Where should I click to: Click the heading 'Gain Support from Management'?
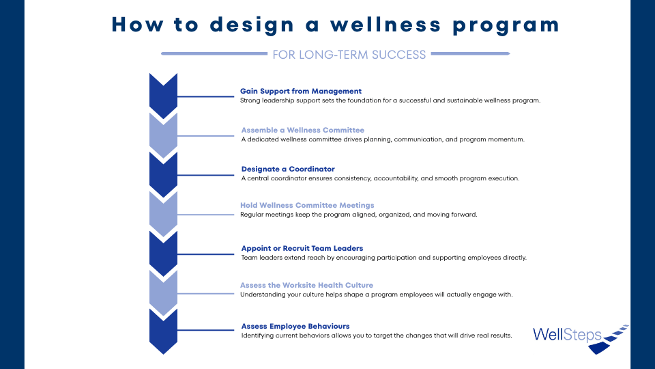tap(301, 91)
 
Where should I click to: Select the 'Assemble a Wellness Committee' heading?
tap(303, 130)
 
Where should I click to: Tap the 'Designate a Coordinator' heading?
tap(288, 169)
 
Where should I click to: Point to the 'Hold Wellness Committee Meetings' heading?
tap(307, 206)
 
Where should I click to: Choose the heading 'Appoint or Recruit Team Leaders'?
tap(302, 249)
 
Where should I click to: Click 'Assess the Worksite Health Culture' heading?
tap(306, 286)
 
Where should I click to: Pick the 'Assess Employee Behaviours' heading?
tap(295, 327)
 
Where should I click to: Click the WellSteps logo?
tap(581, 339)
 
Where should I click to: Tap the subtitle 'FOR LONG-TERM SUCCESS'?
tap(349, 55)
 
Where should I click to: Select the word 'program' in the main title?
tap(506, 26)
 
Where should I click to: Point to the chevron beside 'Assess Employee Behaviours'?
tap(163, 331)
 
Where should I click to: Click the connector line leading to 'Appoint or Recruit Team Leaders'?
tap(205, 254)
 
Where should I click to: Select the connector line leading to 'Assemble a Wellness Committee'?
tap(205, 136)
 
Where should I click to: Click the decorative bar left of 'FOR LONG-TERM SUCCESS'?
tap(214, 53)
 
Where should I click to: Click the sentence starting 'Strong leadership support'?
tap(390, 100)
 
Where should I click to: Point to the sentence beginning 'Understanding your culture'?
tap(377, 295)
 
